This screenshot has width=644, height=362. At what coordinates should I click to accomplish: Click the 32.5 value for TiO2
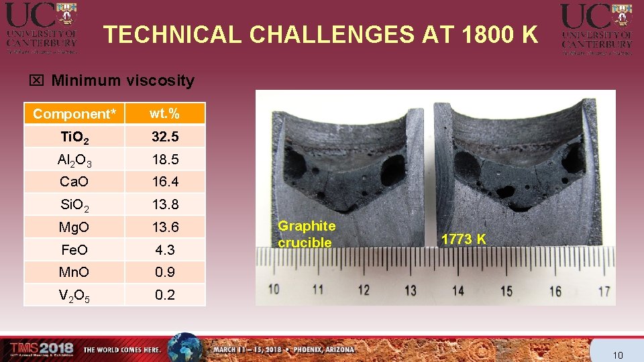pyautogui.click(x=164, y=137)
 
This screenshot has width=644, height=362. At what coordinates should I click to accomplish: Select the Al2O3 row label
pyautogui.click(x=74, y=160)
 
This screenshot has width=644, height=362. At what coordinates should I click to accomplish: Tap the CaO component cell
pyautogui.click(x=74, y=182)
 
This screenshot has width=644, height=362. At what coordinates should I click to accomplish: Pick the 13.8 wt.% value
pyautogui.click(x=164, y=204)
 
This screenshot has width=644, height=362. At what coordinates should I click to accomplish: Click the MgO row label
pyautogui.click(x=74, y=227)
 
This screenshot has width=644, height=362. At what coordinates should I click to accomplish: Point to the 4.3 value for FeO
pyautogui.click(x=164, y=250)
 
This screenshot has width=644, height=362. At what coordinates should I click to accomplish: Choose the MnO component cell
pyautogui.click(x=74, y=272)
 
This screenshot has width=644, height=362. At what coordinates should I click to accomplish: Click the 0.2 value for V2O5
pyautogui.click(x=164, y=295)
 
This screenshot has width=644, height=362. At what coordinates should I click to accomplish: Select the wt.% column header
pyautogui.click(x=164, y=114)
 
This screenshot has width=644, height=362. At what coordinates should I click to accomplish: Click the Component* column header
pyautogui.click(x=74, y=114)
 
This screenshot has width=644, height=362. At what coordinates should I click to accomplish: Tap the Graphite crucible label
pyautogui.click(x=307, y=235)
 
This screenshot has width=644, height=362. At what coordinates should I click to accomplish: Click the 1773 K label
pyautogui.click(x=464, y=239)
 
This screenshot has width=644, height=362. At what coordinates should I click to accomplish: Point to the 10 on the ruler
pyautogui.click(x=274, y=290)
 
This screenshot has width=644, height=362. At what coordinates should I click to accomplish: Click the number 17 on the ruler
pyautogui.click(x=604, y=292)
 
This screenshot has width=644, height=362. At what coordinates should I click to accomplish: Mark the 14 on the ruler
pyautogui.click(x=458, y=291)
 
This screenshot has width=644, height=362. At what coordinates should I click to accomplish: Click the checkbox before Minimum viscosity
pyautogui.click(x=37, y=81)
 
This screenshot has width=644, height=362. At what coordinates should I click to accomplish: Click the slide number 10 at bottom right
pyautogui.click(x=618, y=355)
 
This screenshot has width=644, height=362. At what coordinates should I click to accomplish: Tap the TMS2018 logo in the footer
pyautogui.click(x=42, y=348)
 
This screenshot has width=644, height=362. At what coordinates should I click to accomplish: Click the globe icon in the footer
pyautogui.click(x=184, y=348)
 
